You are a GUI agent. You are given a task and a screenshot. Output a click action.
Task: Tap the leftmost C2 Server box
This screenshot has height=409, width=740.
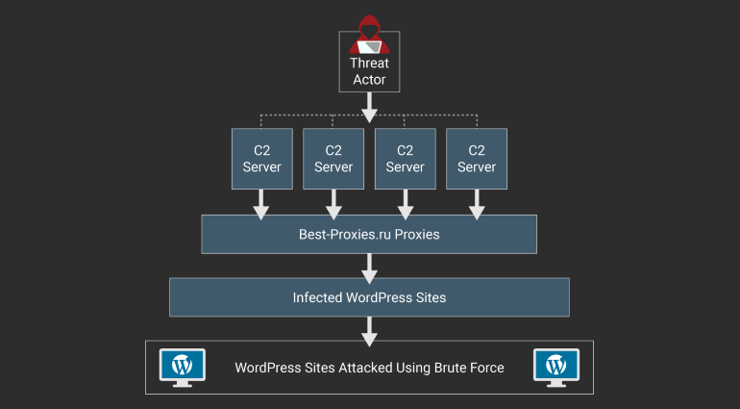[262, 158]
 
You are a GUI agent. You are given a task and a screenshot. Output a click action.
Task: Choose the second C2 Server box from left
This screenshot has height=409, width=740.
[333, 158]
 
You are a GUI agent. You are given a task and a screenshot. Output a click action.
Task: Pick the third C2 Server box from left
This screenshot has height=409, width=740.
[405, 158]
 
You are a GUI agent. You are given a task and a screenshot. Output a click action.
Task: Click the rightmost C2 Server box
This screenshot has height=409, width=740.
[476, 158]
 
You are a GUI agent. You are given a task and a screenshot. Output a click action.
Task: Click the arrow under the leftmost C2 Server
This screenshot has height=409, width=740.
[262, 203]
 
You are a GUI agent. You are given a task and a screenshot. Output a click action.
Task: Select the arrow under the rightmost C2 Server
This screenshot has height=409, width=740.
[476, 203]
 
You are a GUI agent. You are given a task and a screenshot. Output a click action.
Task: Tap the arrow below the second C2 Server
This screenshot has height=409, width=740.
[333, 203]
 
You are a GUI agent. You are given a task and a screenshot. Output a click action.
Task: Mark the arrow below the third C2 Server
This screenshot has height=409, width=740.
[405, 203]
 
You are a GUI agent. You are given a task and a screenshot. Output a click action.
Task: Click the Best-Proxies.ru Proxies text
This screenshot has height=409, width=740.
[369, 234]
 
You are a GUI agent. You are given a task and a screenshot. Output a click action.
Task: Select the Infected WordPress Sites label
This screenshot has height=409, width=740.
[369, 297]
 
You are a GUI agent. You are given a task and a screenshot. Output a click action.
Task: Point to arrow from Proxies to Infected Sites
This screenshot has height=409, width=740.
[369, 267]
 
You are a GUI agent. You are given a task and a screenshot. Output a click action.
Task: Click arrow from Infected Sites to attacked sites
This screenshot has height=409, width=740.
[369, 330]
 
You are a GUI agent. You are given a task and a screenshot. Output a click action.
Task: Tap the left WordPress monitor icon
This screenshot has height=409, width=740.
[183, 367]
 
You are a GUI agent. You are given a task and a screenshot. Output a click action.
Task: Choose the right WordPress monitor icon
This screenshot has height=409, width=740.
[555, 367]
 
